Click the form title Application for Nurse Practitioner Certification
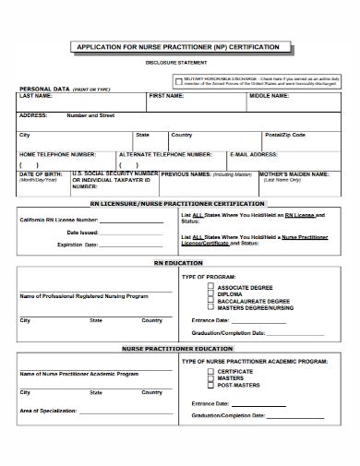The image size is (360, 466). (x=178, y=45)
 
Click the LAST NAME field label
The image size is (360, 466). (x=37, y=96)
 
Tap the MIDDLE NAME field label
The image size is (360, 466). (x=270, y=96)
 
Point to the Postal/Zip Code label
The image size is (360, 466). (x=285, y=135)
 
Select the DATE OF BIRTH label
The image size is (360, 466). (x=41, y=173)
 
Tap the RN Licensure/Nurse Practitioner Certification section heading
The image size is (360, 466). (x=177, y=204)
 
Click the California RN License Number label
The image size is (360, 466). (x=59, y=221)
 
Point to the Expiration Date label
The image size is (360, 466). (x=77, y=245)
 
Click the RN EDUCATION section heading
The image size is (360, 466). (x=177, y=263)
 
